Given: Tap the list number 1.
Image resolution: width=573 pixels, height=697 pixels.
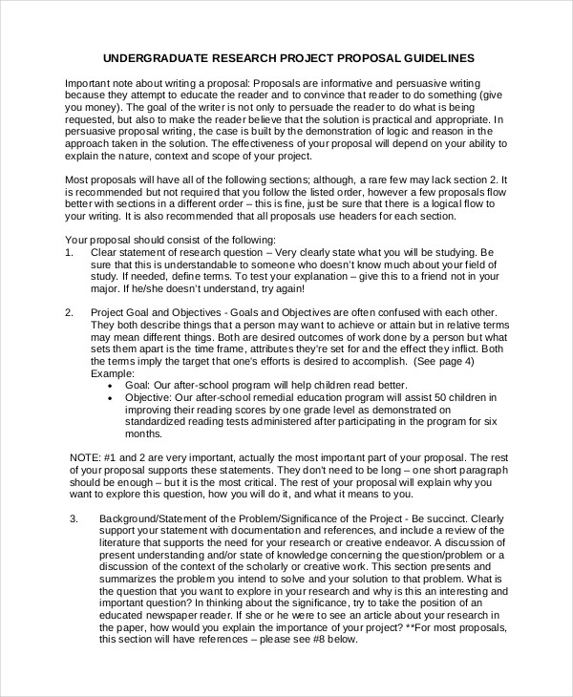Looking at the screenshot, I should pyautogui.click(x=68, y=252).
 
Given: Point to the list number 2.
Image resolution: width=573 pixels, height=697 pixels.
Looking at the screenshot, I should pyautogui.click(x=68, y=312).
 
